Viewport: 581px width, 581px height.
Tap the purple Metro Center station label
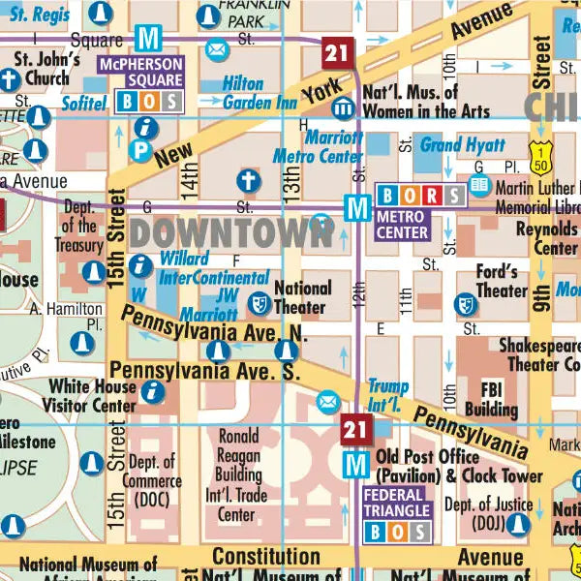tap(402, 225)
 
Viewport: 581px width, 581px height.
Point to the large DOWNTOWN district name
tap(229, 232)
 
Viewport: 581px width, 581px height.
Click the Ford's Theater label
tap(502, 281)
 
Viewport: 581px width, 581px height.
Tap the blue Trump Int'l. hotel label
tap(388, 394)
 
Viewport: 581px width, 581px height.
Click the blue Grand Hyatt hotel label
tap(462, 146)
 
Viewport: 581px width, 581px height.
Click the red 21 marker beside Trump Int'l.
tap(355, 426)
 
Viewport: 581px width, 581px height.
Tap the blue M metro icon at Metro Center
tap(358, 206)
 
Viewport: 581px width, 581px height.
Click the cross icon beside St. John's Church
tap(10, 80)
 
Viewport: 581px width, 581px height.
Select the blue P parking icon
tap(140, 150)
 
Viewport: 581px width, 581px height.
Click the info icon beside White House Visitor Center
tap(152, 390)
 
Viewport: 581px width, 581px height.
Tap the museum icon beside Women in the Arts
tap(343, 107)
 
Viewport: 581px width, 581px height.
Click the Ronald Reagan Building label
tap(237, 474)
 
